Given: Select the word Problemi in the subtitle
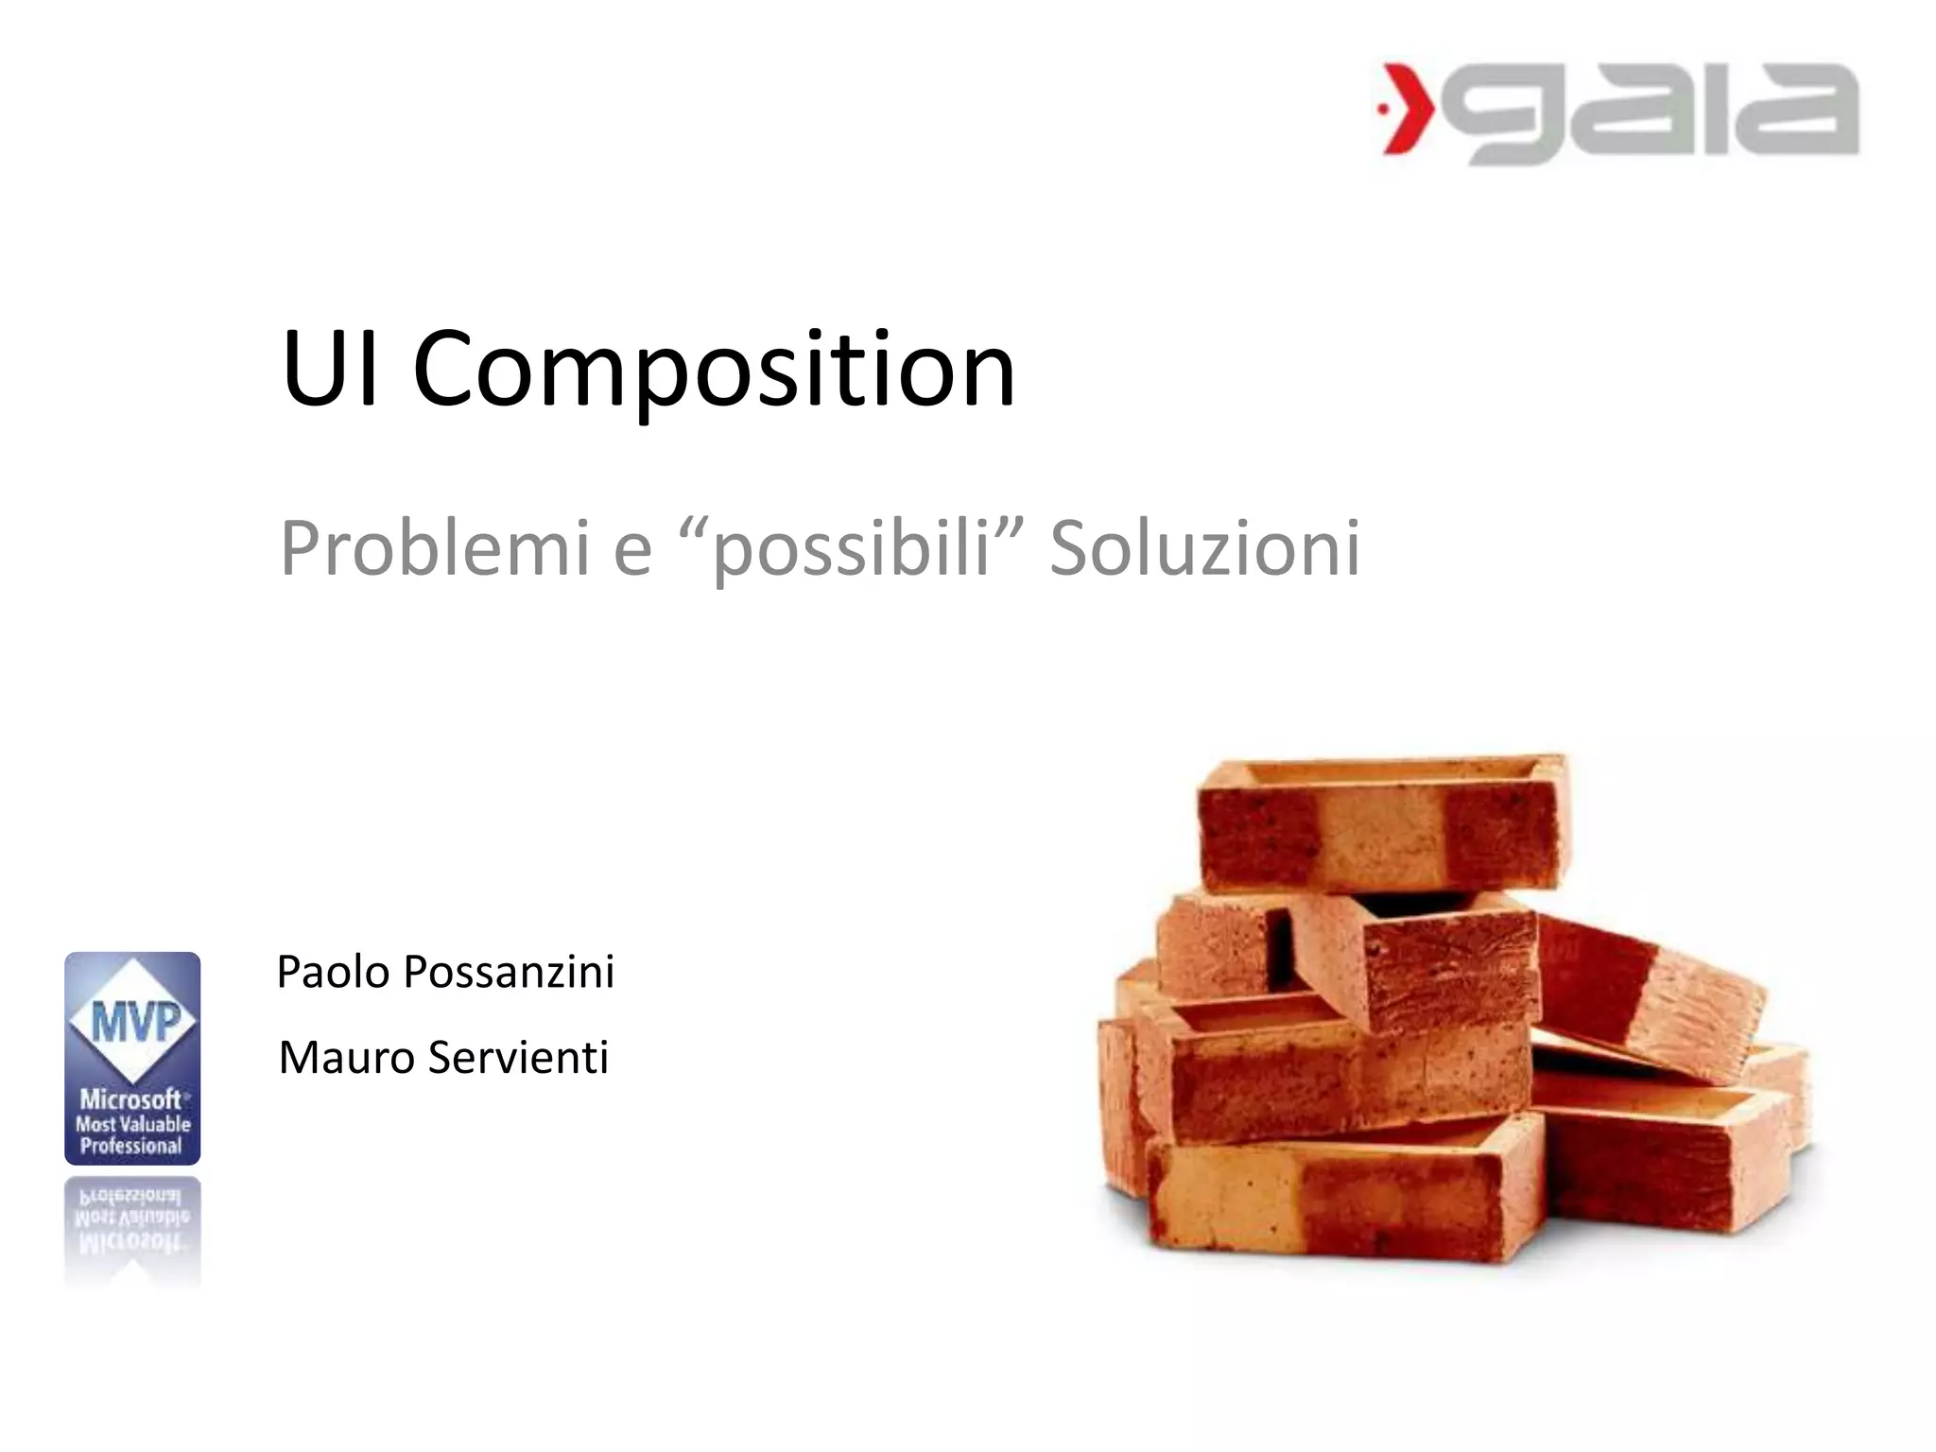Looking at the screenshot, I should [435, 548].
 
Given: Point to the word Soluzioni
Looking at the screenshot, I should [1205, 548].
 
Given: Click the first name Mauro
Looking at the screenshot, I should [346, 1058].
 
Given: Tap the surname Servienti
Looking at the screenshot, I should [518, 1058].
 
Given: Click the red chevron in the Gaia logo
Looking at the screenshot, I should [1406, 108].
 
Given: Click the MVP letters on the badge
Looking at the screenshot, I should [134, 1022].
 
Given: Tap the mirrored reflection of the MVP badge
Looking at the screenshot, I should [132, 1229].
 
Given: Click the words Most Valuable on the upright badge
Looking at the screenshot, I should [133, 1124].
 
